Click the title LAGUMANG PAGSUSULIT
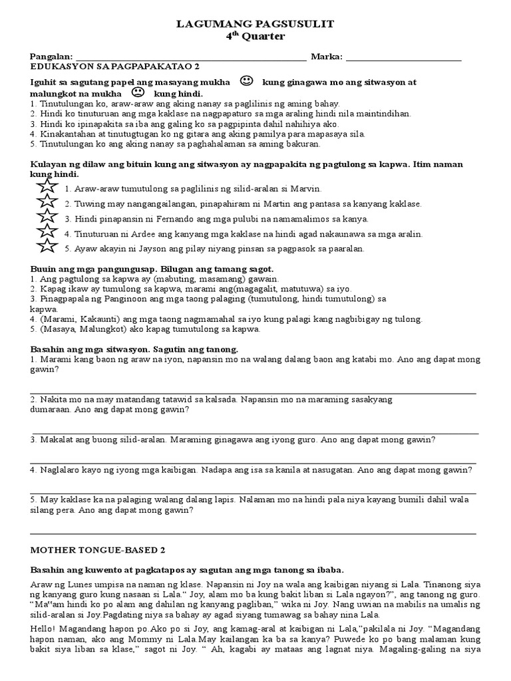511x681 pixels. pyautogui.click(x=255, y=25)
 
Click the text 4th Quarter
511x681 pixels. pyautogui.click(x=255, y=37)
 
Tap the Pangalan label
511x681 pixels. pyautogui.click(x=52, y=57)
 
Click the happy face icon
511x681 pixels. pyautogui.click(x=246, y=82)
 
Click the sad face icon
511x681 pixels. pyautogui.click(x=138, y=92)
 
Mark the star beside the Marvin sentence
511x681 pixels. pyautogui.click(x=47, y=188)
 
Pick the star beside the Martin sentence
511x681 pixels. pyautogui.click(x=47, y=203)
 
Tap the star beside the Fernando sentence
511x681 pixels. pyautogui.click(x=47, y=217)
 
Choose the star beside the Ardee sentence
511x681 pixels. pyautogui.click(x=47, y=232)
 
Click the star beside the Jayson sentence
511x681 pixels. pyautogui.click(x=47, y=247)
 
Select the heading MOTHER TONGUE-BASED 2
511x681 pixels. pyautogui.click(x=98, y=551)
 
